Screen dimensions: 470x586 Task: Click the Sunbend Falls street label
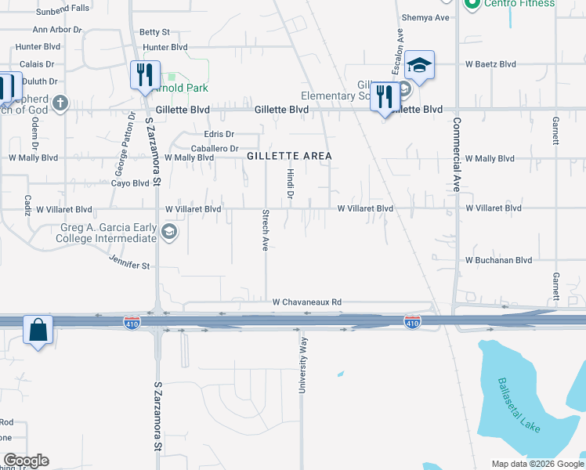point(63,8)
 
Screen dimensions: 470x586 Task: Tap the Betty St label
point(154,32)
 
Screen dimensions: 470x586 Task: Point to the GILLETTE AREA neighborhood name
point(289,156)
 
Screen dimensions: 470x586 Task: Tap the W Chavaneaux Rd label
point(307,302)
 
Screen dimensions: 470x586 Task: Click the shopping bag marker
point(38,330)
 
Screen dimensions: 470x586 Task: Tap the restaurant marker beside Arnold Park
point(145,75)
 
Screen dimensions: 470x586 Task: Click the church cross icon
point(60,103)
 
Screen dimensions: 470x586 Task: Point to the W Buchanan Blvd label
point(498,260)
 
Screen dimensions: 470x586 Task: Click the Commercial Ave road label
point(457,155)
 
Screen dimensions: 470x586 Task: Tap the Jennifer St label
point(129,266)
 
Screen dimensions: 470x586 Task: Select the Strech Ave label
point(266,230)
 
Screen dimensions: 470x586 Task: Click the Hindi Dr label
point(290,183)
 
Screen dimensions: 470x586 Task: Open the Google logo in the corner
point(26,461)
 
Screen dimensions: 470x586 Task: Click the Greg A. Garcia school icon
point(169,232)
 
